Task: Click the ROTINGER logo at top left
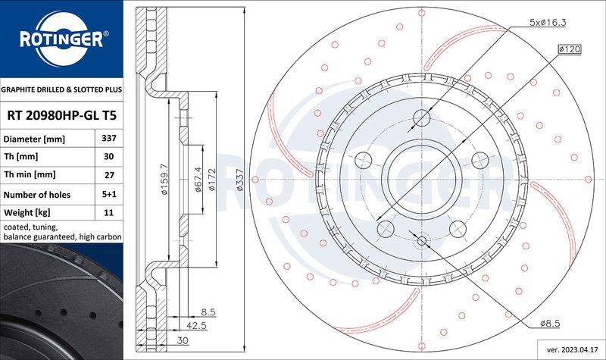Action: [61, 37]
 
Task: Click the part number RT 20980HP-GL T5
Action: [61, 115]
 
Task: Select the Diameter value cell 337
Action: [108, 139]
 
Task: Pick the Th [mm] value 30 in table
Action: [108, 158]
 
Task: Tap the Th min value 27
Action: [108, 176]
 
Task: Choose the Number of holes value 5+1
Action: [108, 195]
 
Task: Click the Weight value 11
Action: [108, 213]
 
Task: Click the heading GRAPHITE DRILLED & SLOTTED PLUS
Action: [61, 89]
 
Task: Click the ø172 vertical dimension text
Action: [214, 180]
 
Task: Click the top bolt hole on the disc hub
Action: [421, 118]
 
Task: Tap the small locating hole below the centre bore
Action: [422, 240]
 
